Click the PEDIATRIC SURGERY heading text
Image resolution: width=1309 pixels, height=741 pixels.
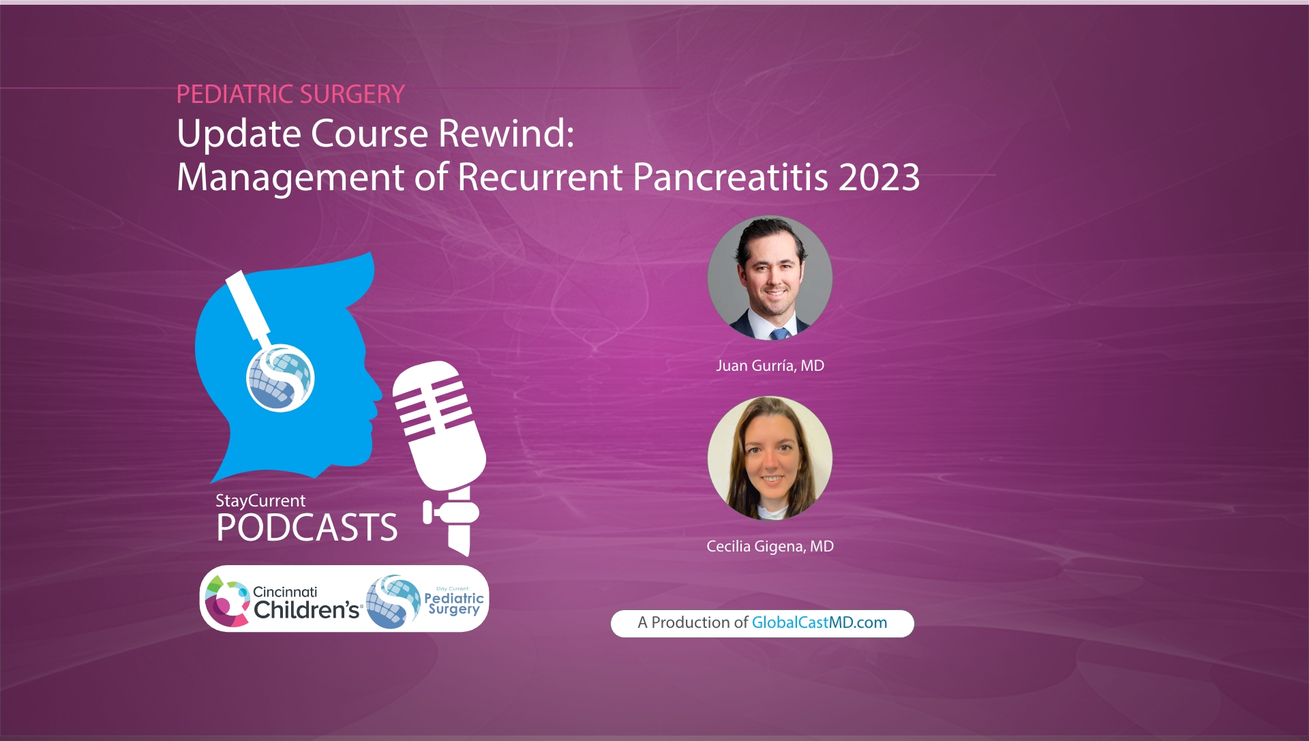coord(290,94)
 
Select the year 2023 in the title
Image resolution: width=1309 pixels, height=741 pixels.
coord(879,177)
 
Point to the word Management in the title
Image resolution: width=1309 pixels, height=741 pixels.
coord(290,177)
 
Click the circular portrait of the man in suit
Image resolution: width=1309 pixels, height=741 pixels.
coord(770,277)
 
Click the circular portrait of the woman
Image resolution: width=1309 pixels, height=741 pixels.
coord(770,458)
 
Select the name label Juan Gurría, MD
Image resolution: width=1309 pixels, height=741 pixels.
coord(770,365)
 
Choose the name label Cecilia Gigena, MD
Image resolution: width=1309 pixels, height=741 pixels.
coord(770,546)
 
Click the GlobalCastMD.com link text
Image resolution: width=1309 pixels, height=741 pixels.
coord(819,622)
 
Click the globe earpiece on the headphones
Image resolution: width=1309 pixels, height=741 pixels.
coord(280,378)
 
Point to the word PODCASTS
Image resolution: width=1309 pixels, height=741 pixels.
coord(307,528)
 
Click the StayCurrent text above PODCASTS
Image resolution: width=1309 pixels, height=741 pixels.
coord(260,500)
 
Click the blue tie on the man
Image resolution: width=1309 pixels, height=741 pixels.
coord(779,333)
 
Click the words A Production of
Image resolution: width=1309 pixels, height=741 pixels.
coord(692,622)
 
